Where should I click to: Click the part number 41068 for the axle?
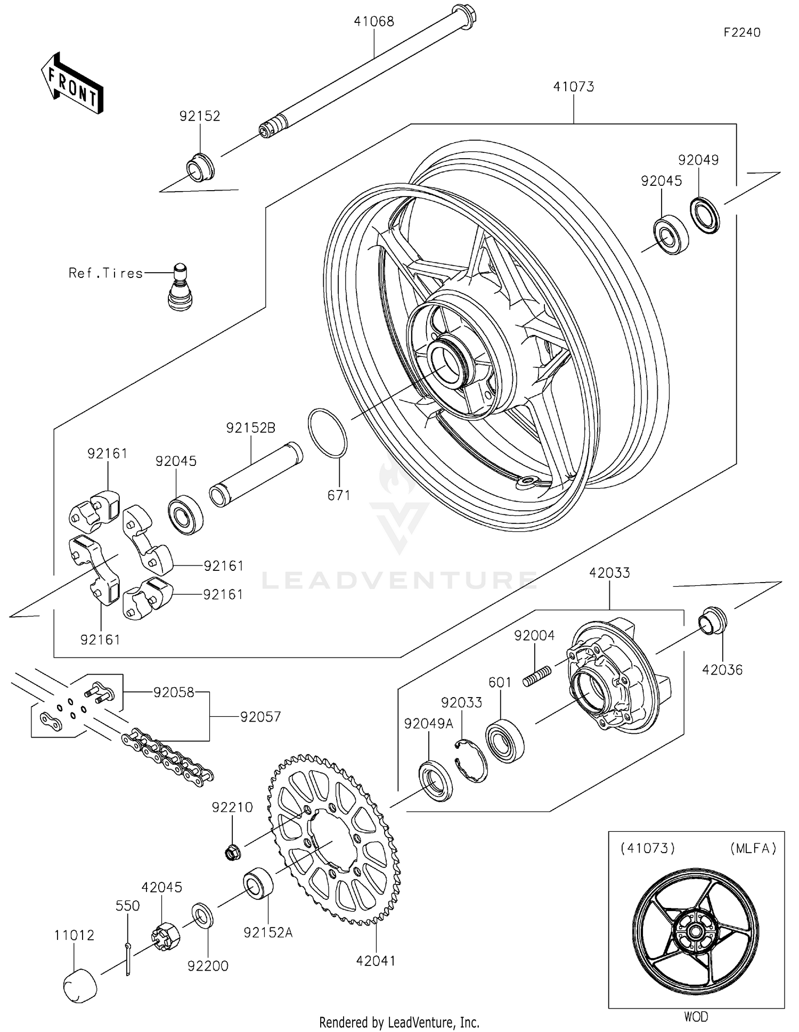374,22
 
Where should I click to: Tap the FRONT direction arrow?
72,84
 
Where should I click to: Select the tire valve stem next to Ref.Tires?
180,288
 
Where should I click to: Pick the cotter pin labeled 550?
128,959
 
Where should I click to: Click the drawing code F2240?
741,32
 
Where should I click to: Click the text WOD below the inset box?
696,1017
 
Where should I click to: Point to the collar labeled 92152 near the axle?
200,167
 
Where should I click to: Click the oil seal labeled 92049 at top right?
705,215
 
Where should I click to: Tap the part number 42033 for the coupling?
609,573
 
